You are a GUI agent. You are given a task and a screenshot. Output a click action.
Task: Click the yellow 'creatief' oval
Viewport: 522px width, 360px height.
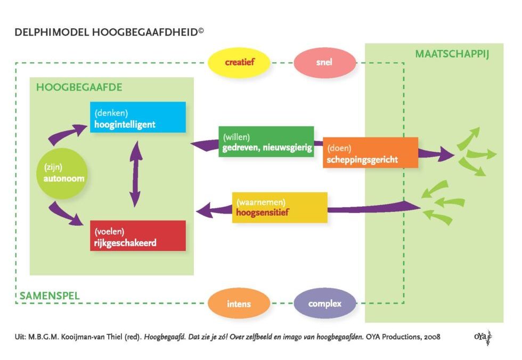pyautogui.click(x=239, y=62)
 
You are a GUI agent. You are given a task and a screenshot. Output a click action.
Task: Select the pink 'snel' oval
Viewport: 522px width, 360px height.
pyautogui.click(x=324, y=62)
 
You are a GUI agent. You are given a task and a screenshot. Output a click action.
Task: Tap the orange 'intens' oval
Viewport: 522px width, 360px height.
pyautogui.click(x=239, y=304)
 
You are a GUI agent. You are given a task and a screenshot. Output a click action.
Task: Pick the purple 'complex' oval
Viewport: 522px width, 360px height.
pyautogui.click(x=324, y=304)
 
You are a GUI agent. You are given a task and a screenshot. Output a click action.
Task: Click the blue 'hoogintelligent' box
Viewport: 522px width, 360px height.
pyautogui.click(x=138, y=117)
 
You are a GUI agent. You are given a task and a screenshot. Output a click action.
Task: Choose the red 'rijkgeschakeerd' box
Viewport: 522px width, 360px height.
pyautogui.click(x=138, y=235)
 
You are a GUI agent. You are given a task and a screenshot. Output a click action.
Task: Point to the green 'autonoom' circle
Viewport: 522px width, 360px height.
pyautogui.click(x=63, y=174)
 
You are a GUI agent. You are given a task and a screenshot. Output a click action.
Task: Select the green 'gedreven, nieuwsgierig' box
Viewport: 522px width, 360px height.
pyautogui.click(x=266, y=141)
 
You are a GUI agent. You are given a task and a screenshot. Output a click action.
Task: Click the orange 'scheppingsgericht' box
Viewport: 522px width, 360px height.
pyautogui.click(x=370, y=152)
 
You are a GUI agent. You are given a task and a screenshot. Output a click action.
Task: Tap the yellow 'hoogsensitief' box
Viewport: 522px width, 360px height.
pyautogui.click(x=280, y=207)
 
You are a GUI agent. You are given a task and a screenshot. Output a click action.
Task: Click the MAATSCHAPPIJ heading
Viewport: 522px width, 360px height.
pyautogui.click(x=452, y=54)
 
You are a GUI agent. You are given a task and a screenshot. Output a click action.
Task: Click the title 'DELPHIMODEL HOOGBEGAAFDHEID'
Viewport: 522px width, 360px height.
pyautogui.click(x=107, y=32)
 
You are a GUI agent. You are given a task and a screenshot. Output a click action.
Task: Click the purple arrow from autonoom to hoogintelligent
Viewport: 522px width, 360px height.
pyautogui.click(x=67, y=133)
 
